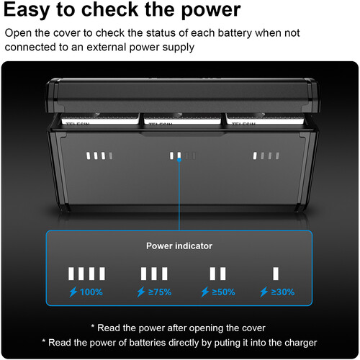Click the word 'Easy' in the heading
(27, 9)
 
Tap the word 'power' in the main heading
(211, 10)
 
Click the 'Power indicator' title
(179, 246)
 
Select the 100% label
(91, 292)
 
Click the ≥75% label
(160, 292)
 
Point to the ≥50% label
(223, 292)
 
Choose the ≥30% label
(283, 292)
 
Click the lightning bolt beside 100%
(73, 292)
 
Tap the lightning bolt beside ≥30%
(264, 292)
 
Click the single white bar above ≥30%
(276, 274)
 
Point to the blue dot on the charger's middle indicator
(179, 160)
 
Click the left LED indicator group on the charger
(99, 156)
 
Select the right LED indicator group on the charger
(266, 156)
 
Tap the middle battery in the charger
(182, 119)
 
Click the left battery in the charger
(100, 119)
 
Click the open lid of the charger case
(182, 95)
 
